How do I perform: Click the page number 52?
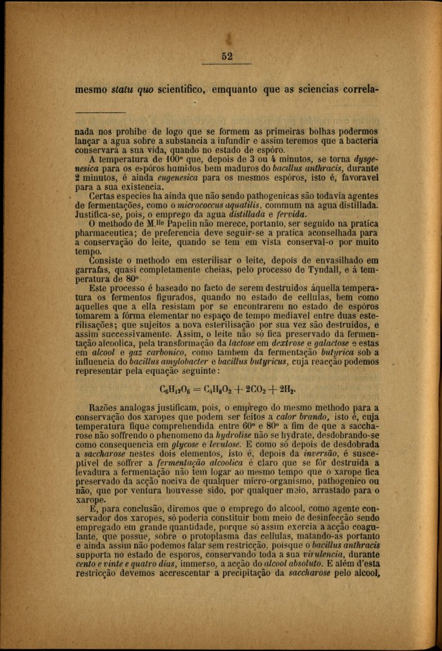(226, 56)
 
